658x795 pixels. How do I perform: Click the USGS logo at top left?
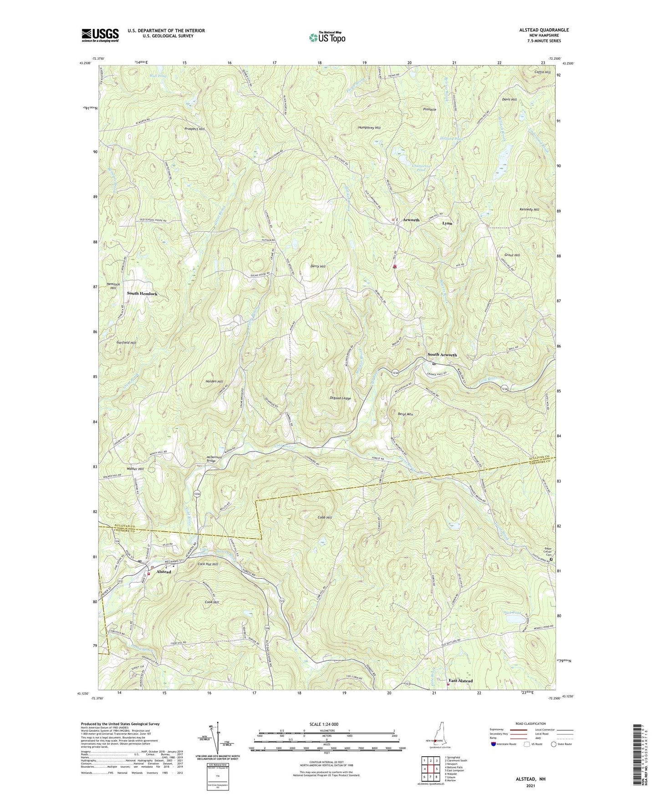point(100,35)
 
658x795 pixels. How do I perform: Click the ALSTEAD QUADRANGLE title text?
point(542,30)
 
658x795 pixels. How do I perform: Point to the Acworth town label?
point(411,220)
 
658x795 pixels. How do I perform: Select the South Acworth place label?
point(442,355)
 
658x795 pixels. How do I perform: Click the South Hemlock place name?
point(142,294)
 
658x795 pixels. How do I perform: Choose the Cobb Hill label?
point(324,518)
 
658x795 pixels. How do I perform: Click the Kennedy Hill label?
point(529,209)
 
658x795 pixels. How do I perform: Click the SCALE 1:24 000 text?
point(325,724)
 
